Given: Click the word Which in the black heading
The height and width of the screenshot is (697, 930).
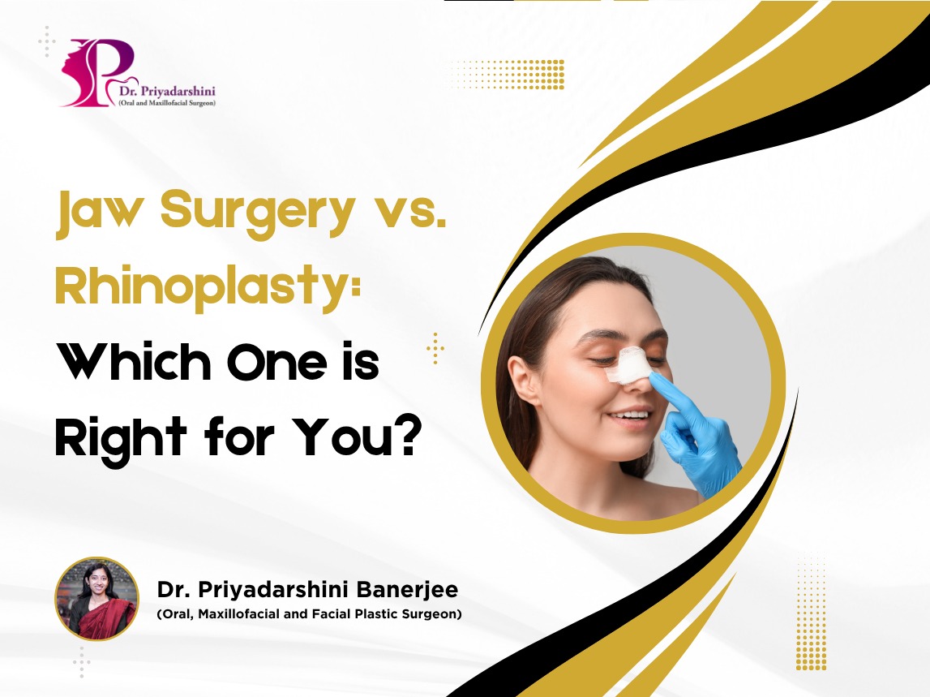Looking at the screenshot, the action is pos(134,362).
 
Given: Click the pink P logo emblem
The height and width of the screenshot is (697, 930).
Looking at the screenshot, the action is pos(98,71).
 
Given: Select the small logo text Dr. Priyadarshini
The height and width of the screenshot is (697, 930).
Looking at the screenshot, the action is pos(167,91).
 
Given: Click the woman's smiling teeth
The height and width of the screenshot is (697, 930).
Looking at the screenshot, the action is pos(630,415).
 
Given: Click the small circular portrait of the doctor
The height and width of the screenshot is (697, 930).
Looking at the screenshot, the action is pos(96,599).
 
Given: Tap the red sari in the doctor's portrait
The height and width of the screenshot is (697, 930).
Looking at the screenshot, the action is pos(99,618).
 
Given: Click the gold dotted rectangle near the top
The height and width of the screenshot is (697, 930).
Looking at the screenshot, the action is pos(507,74).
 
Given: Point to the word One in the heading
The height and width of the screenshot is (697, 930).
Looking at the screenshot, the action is pos(277,362).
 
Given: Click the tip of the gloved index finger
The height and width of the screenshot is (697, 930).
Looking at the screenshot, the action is pos(654,376).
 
